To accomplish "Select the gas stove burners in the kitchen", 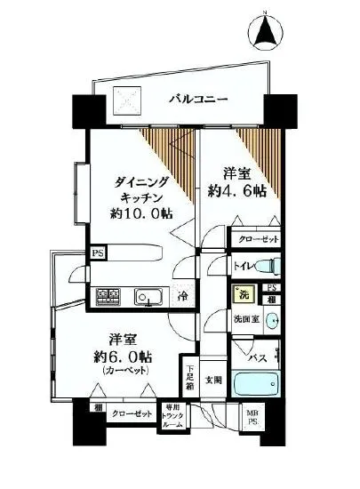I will click(108, 296).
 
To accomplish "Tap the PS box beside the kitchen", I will click(96, 253).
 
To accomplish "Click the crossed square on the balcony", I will click(124, 100).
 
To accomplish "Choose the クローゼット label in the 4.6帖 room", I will click(257, 239).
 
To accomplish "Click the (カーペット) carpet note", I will click(125, 370).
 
